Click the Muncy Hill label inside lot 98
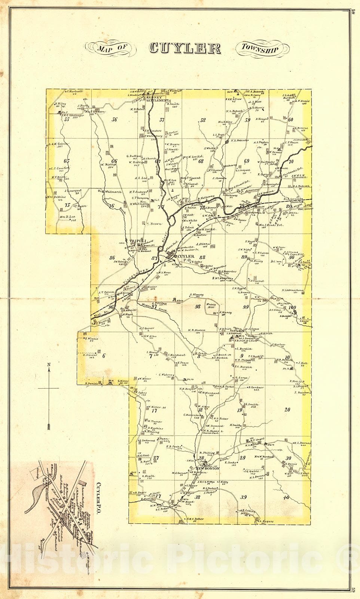click(211, 306)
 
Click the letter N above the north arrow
click(49, 364)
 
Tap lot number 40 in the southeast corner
click(286, 497)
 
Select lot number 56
click(115, 120)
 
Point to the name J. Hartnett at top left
click(75, 91)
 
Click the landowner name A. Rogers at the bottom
click(266, 521)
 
